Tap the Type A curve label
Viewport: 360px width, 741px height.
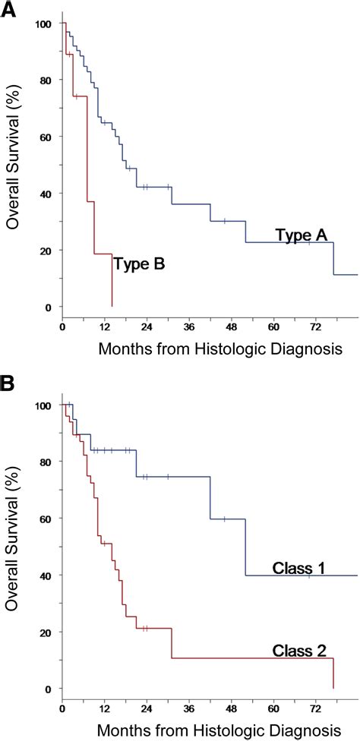tap(301, 236)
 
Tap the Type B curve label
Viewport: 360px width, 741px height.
tap(139, 264)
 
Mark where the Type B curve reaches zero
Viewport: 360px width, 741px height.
tap(112, 306)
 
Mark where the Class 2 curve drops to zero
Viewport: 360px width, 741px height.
tap(333, 688)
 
